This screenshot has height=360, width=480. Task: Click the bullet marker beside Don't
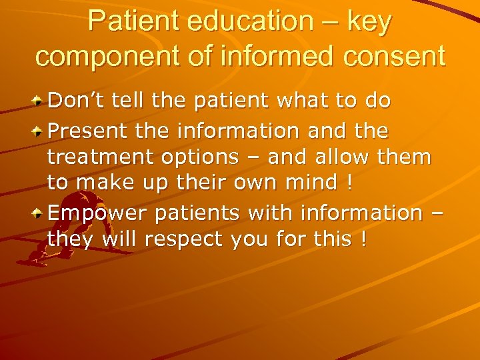(40, 102)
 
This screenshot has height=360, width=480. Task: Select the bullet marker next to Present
(40, 131)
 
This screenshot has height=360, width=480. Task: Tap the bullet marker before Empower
(40, 213)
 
